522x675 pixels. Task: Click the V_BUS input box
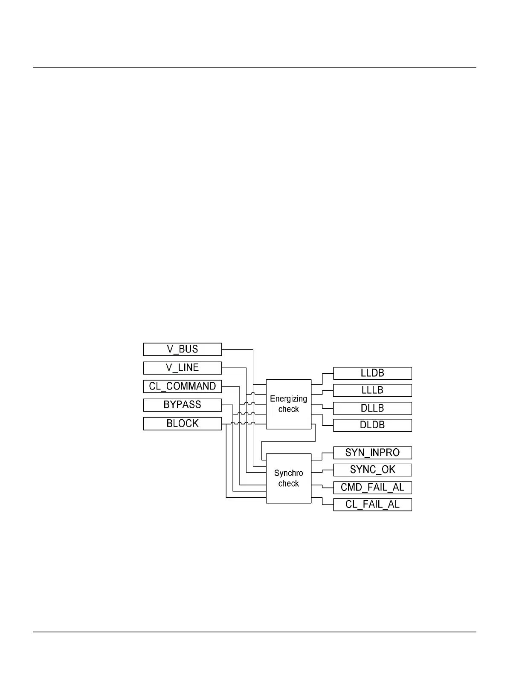(x=182, y=349)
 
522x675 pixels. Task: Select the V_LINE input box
(x=182, y=368)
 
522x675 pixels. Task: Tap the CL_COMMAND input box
(x=182, y=386)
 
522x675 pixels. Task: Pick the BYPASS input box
(x=182, y=405)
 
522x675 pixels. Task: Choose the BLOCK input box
(x=182, y=424)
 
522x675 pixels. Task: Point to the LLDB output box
(x=372, y=373)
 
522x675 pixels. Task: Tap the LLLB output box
(x=372, y=390)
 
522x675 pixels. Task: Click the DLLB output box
(x=372, y=408)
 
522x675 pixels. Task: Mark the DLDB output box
(x=372, y=425)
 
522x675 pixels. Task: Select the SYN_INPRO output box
(x=372, y=453)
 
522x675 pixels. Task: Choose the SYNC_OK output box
(x=372, y=470)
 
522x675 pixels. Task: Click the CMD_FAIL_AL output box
(x=372, y=487)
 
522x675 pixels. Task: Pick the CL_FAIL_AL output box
(x=372, y=505)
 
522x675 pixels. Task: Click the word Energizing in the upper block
(x=289, y=399)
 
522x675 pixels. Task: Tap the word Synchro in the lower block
(x=289, y=473)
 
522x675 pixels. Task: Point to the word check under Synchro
(x=289, y=484)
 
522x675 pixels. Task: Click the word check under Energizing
(x=289, y=409)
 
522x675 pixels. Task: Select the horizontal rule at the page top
(x=255, y=67)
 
